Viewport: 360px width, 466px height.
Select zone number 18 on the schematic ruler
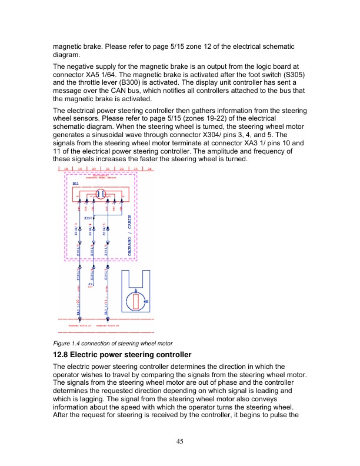65,169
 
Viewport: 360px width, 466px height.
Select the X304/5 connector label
104,229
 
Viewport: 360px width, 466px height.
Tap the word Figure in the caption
61,343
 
